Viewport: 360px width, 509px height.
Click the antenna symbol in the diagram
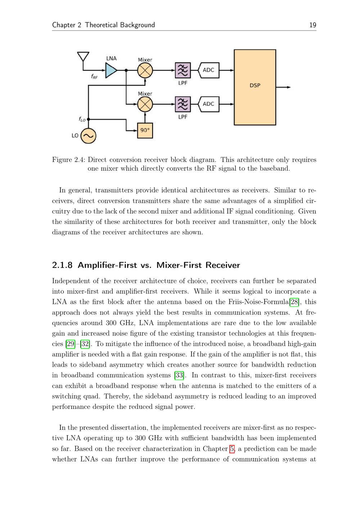click(83, 57)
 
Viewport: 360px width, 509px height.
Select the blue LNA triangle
click(111, 70)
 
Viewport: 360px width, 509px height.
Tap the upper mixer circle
click(145, 71)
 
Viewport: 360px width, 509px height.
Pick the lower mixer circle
click(145, 104)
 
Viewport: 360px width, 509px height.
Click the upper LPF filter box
click(183, 71)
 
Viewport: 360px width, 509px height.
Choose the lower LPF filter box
click(183, 104)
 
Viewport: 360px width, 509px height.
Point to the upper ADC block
click(208, 70)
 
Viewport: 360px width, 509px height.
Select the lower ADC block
click(208, 104)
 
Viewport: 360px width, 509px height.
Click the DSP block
click(255, 87)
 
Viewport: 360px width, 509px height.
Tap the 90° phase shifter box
click(145, 130)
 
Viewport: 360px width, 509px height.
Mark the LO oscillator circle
click(88, 136)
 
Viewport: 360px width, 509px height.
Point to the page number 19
click(312, 25)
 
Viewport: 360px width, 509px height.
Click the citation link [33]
click(179, 375)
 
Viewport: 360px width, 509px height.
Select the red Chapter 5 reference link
click(231, 449)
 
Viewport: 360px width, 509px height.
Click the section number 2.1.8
click(63, 265)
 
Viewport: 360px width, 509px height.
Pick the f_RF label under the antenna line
click(94, 76)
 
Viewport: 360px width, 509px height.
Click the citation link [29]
click(70, 344)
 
